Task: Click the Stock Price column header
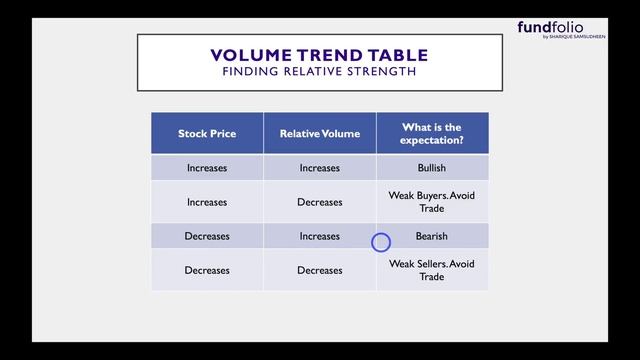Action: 207,133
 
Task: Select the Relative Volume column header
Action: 319,133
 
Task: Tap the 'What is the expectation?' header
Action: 432,133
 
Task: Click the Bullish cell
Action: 432,168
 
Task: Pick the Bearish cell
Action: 432,237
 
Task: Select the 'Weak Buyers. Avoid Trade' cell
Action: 432,202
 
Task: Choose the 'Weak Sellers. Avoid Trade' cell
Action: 432,271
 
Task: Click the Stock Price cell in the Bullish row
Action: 207,168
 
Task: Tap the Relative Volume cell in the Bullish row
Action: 319,168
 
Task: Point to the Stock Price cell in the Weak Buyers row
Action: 207,202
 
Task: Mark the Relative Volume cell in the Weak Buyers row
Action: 319,202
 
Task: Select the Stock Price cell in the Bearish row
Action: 207,237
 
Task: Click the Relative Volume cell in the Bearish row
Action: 319,237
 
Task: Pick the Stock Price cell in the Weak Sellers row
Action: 207,271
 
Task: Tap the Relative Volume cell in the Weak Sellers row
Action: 319,271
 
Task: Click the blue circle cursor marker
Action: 381,242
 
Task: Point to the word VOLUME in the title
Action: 250,55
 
